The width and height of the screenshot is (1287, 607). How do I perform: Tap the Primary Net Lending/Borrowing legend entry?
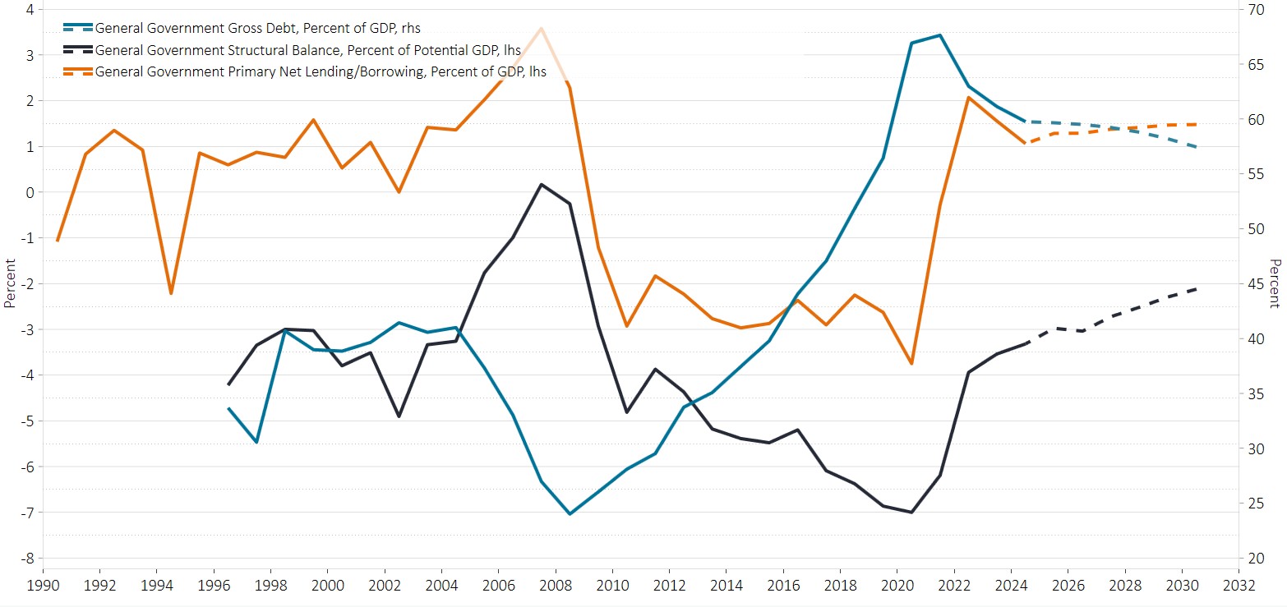(321, 71)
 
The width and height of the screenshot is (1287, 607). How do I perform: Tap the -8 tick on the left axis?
(27, 559)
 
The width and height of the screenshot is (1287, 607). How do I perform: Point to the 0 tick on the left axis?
(30, 192)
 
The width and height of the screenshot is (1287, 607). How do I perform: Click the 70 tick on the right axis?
(1257, 10)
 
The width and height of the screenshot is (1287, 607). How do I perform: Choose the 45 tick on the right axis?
(1257, 284)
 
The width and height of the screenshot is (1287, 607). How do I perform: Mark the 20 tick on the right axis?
(1257, 559)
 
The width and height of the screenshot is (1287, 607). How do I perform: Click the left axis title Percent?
(9, 283)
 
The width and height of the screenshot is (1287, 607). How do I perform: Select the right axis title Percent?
(1276, 283)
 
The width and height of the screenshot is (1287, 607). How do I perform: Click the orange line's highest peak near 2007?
(541, 28)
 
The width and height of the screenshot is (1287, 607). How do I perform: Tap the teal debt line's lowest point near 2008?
(570, 514)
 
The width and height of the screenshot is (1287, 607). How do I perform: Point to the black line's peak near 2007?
(541, 184)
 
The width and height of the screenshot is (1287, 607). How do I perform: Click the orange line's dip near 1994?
(171, 293)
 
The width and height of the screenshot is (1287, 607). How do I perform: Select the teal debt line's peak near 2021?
(939, 35)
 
